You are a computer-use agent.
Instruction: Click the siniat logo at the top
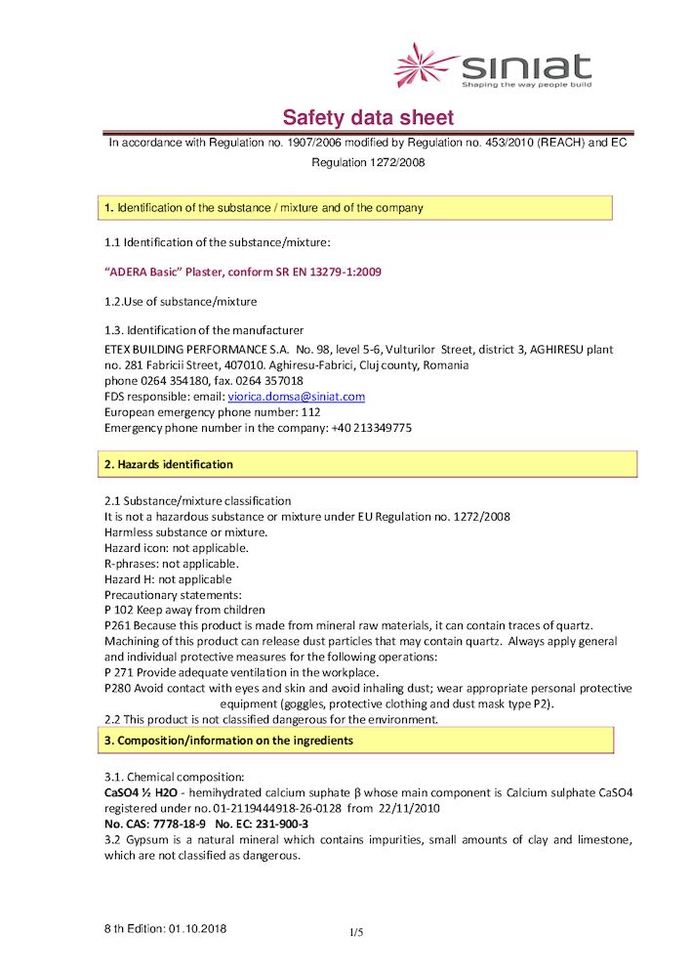(x=493, y=66)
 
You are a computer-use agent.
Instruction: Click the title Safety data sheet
(x=368, y=118)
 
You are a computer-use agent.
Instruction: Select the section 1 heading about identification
(x=264, y=208)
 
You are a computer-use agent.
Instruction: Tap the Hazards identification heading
(x=169, y=464)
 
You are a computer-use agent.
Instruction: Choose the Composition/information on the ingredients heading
(x=228, y=741)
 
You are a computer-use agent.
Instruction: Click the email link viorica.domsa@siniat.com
(x=296, y=397)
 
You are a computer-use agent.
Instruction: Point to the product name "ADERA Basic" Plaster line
(x=242, y=272)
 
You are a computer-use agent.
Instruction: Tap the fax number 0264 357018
(x=270, y=381)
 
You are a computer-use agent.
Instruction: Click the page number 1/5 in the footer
(x=356, y=933)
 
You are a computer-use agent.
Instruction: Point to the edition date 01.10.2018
(x=198, y=928)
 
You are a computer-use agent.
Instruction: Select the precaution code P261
(x=117, y=625)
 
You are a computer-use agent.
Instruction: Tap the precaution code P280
(x=117, y=688)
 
